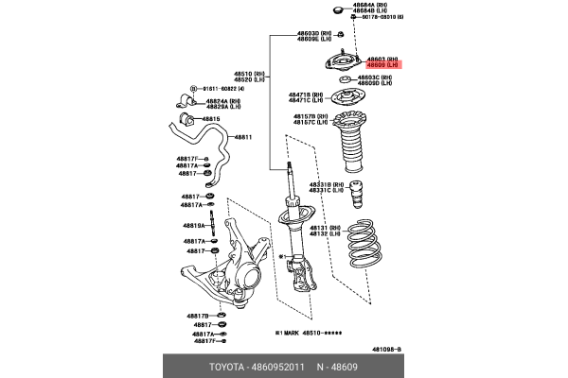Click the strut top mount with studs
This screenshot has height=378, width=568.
point(344,65)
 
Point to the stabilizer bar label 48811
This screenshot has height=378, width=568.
point(243,137)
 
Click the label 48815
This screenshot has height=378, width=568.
point(210,119)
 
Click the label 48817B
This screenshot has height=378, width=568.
point(198,316)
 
